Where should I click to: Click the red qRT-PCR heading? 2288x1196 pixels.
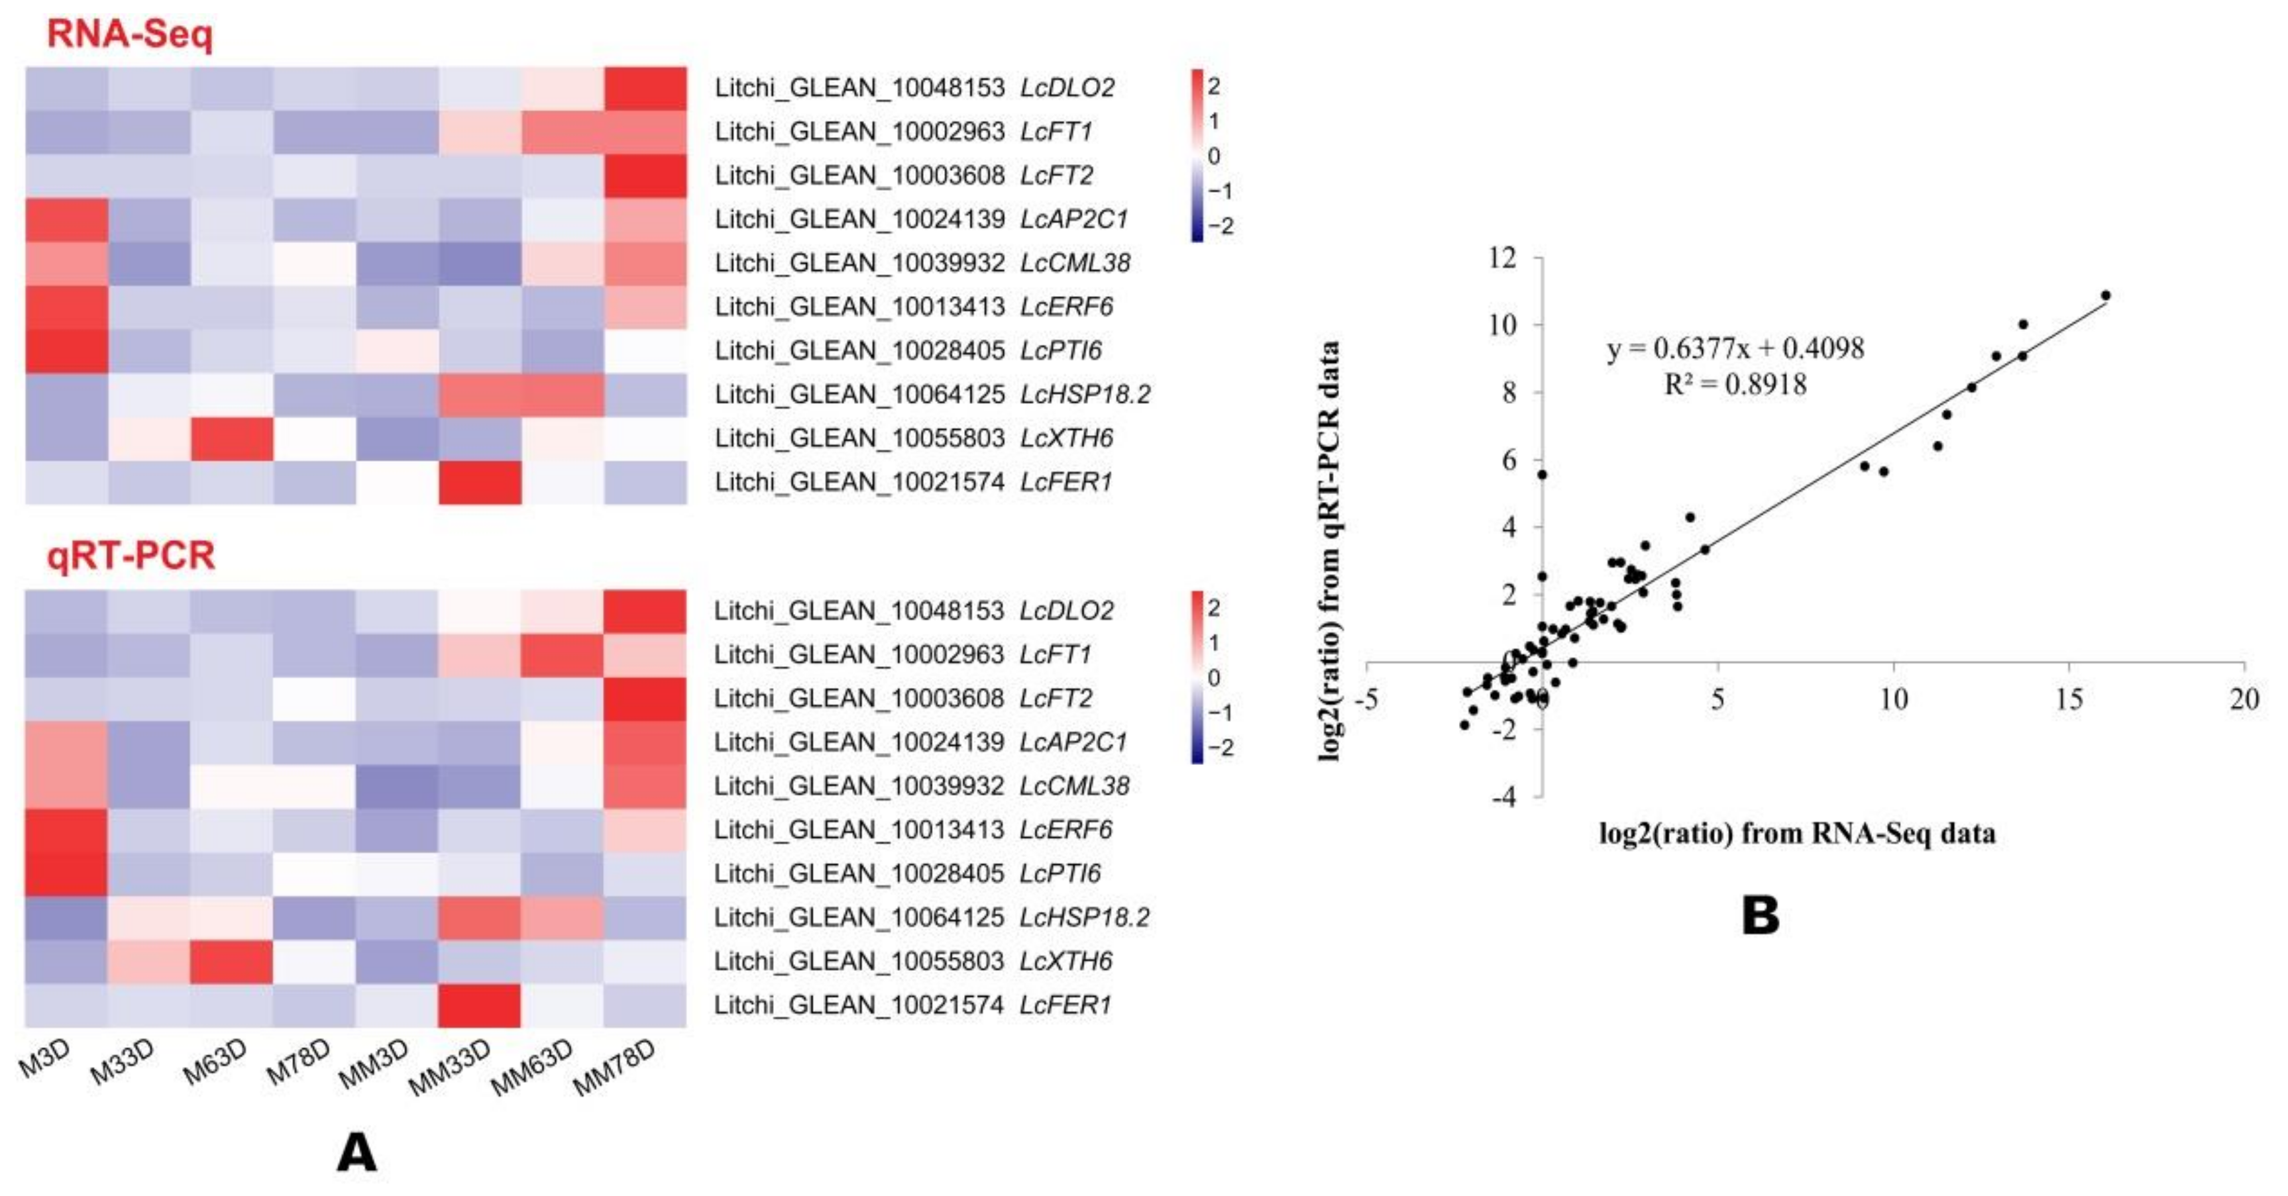pyautogui.click(x=131, y=556)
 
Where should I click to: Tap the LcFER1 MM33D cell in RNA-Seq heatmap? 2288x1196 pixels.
pyautogui.click(x=479, y=482)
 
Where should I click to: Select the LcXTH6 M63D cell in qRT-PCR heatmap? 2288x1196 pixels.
pyautogui.click(x=231, y=962)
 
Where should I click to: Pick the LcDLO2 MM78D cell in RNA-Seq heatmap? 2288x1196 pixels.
pyautogui.click(x=645, y=88)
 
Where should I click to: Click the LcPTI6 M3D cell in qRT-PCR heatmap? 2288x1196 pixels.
pyautogui.click(x=67, y=873)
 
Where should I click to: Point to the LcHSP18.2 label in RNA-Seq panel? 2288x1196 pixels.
pyautogui.click(x=1085, y=394)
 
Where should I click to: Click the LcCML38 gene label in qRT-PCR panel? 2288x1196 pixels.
pyautogui.click(x=1074, y=786)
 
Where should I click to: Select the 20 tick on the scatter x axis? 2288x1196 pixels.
pyautogui.click(x=2244, y=700)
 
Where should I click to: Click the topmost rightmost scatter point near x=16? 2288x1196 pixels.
pyautogui.click(x=2105, y=295)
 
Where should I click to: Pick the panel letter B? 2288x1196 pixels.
pyautogui.click(x=1761, y=917)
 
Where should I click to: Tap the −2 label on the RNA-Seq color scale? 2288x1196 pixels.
pyautogui.click(x=1221, y=226)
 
